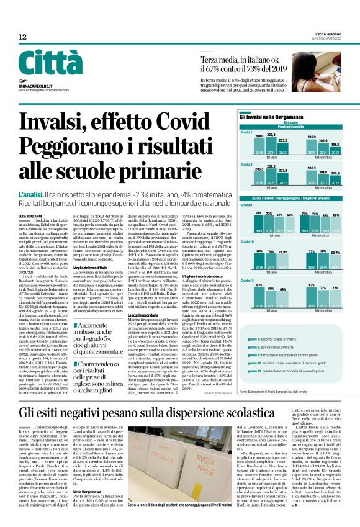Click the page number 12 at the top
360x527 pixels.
click(x=22, y=37)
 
